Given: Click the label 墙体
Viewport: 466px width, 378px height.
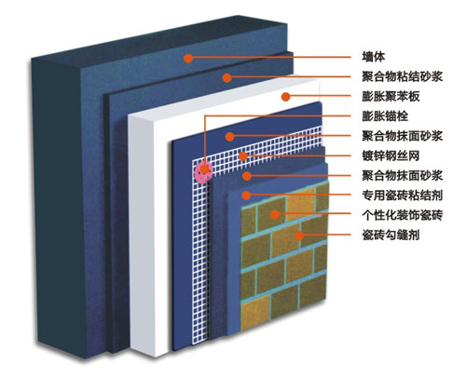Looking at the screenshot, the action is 374,57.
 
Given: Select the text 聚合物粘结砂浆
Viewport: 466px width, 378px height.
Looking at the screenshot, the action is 402,76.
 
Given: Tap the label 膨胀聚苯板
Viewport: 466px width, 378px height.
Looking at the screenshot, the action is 391,97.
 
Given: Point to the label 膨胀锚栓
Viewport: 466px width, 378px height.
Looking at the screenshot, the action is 385,116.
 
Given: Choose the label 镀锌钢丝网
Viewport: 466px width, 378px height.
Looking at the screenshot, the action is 391,155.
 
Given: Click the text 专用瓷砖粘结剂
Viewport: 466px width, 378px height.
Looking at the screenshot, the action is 402,196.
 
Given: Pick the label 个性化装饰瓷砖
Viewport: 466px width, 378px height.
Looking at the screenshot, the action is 402,215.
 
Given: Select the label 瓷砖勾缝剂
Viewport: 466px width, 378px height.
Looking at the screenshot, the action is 391,235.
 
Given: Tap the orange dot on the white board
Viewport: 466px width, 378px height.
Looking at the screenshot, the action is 285,97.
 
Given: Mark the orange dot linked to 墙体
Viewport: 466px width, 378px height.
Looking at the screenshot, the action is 188,58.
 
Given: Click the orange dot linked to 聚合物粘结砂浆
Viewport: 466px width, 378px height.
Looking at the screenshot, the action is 227,77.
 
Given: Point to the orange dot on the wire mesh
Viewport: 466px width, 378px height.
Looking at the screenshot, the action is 243,155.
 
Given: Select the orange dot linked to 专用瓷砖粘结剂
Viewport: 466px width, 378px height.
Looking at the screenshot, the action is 246,196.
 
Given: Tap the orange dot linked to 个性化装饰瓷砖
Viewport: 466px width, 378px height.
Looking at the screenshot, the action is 275,214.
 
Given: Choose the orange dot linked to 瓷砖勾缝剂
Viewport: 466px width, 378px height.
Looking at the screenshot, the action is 299,236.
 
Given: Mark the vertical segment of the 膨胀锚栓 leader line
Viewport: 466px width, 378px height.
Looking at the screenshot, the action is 204,142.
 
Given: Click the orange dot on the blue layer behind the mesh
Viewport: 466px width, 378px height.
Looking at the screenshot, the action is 229,136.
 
